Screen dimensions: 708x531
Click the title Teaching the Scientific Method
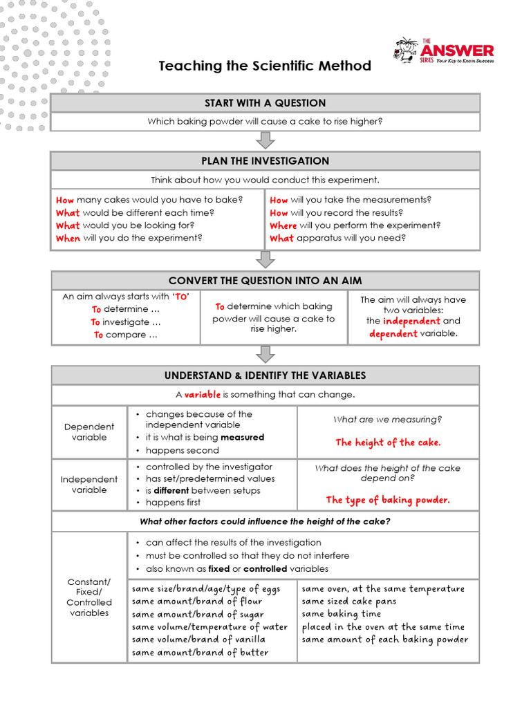click(265, 66)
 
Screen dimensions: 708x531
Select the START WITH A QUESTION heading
click(265, 103)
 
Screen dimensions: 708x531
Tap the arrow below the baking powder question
click(265, 140)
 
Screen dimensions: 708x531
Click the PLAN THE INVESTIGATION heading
click(265, 161)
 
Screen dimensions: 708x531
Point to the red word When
click(68, 238)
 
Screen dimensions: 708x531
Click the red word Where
click(283, 225)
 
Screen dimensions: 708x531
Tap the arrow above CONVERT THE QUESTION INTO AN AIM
click(265, 259)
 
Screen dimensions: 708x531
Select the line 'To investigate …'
click(125, 322)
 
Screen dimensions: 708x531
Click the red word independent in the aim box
click(411, 321)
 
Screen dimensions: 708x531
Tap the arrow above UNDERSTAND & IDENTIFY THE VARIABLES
click(265, 354)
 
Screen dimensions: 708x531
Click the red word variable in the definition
click(202, 394)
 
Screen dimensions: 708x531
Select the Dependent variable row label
click(89, 432)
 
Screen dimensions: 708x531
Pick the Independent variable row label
click(89, 484)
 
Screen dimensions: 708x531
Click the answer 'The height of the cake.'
click(388, 442)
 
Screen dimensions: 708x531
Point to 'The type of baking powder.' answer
click(388, 500)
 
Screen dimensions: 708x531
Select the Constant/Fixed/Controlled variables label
click(89, 597)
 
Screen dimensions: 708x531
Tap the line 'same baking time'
click(341, 614)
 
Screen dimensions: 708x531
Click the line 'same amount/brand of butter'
click(200, 652)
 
